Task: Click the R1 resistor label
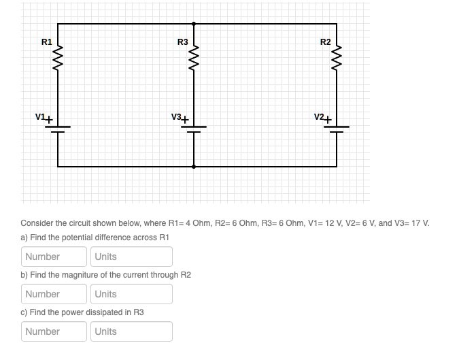(46, 42)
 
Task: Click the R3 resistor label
(182, 42)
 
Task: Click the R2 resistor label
(325, 42)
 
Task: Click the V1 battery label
(40, 117)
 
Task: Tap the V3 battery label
(177, 117)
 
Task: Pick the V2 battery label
(320, 117)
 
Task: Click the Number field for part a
(54, 257)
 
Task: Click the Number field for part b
(54, 294)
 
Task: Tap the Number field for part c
(54, 331)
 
